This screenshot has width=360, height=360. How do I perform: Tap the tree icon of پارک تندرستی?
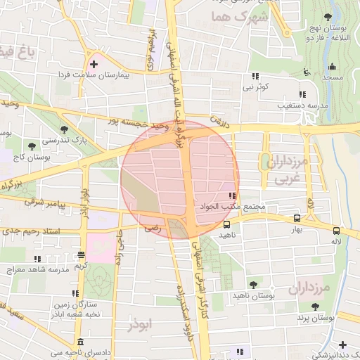point(65,129)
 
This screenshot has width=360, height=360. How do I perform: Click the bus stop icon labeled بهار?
point(297,219)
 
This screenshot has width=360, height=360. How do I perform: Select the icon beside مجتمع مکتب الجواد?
point(232,196)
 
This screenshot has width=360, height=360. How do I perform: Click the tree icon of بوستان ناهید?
point(253,285)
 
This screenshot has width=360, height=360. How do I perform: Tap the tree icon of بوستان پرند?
point(314,307)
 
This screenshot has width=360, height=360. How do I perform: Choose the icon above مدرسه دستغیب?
point(302,94)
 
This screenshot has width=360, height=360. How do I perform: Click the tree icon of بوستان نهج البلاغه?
point(328,17)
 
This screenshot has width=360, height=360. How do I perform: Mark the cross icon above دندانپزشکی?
point(342,345)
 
